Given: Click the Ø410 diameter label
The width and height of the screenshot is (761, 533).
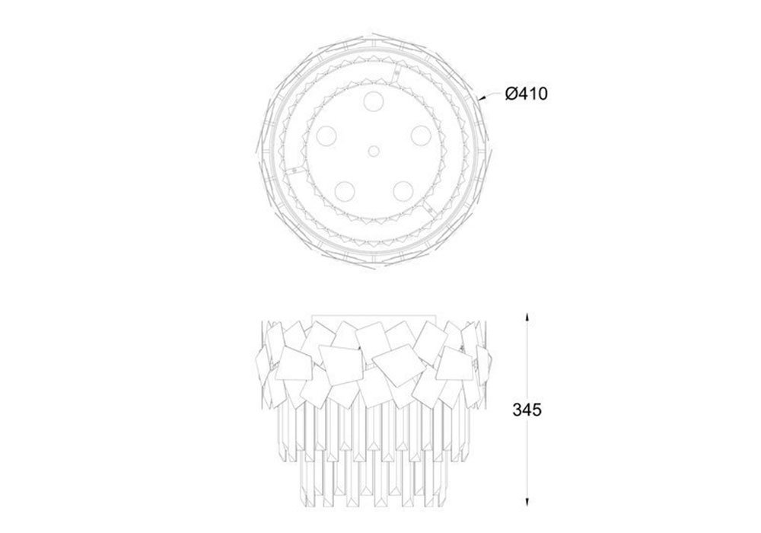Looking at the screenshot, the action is click(x=526, y=93).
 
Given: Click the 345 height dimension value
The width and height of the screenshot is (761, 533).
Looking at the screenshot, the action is click(x=527, y=410).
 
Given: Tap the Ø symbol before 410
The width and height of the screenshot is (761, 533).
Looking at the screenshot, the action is click(x=511, y=93).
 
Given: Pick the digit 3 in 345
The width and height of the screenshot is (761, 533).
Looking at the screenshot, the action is click(x=517, y=410).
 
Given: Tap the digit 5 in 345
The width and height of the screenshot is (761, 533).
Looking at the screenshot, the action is click(x=537, y=410).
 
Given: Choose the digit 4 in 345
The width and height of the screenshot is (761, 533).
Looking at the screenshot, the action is click(x=527, y=410).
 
